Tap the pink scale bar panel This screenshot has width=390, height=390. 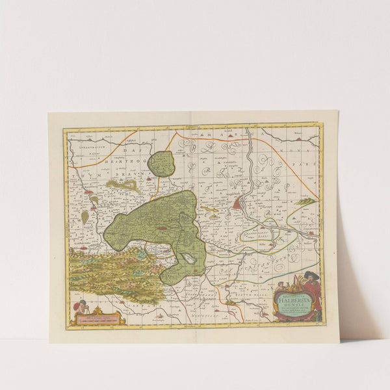(99, 319)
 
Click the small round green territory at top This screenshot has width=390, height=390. (161, 164)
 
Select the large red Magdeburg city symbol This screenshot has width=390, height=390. (236, 204)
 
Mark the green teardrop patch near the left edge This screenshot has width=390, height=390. (84, 216)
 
